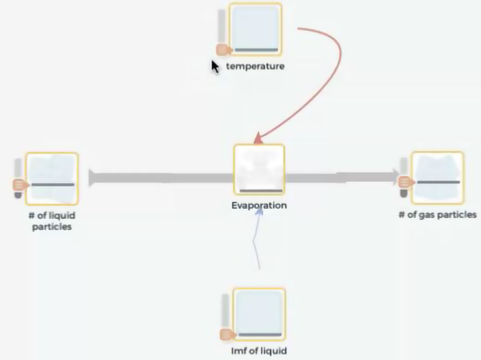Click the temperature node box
pos(255,29)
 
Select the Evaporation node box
pos(259,170)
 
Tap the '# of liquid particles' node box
pos(51,178)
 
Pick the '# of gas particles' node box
pos(437,178)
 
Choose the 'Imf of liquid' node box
pos(258,314)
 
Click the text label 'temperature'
pos(255,67)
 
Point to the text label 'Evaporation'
pos(259,206)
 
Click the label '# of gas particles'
pos(437,215)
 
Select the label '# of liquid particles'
pos(51,220)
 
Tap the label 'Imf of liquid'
pos(258,351)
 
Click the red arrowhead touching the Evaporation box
pos(258,139)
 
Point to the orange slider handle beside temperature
pos(223,49)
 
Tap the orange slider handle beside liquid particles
pos(19,185)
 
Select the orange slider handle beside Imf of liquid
pos(226,334)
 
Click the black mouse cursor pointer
pos(215,66)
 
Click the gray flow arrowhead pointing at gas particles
pos(393,178)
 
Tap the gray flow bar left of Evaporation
pos(162,178)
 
